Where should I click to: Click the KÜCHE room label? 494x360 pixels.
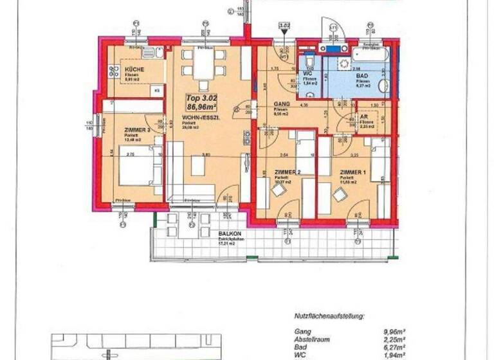134,69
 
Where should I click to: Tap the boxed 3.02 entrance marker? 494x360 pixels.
284,26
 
